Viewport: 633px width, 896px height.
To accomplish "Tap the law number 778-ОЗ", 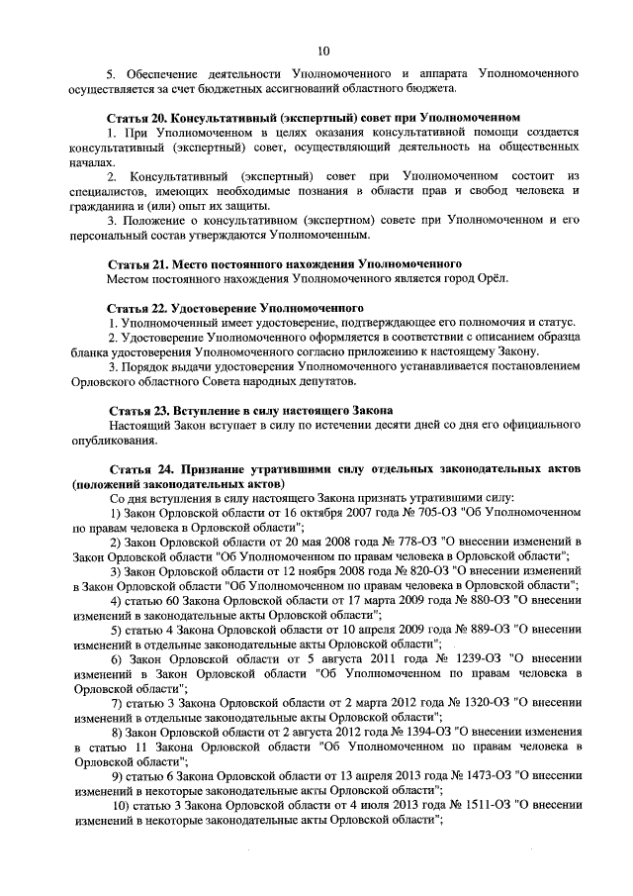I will pos(405,544).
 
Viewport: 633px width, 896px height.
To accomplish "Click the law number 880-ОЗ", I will pos(476,601).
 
